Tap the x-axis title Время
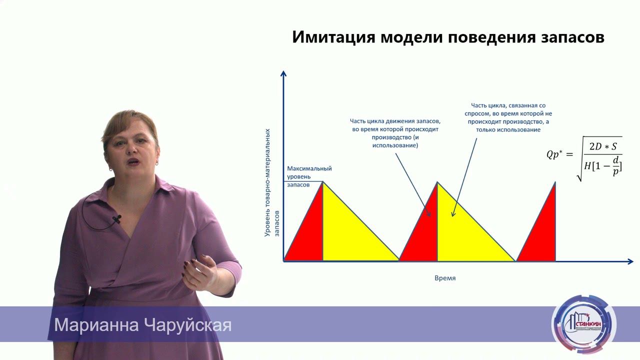point(445,278)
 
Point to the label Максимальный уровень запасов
point(309,176)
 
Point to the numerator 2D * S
point(603,146)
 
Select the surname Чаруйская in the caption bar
point(187,325)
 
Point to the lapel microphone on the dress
point(117,219)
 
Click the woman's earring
point(157,162)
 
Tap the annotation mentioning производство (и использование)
point(395,132)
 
